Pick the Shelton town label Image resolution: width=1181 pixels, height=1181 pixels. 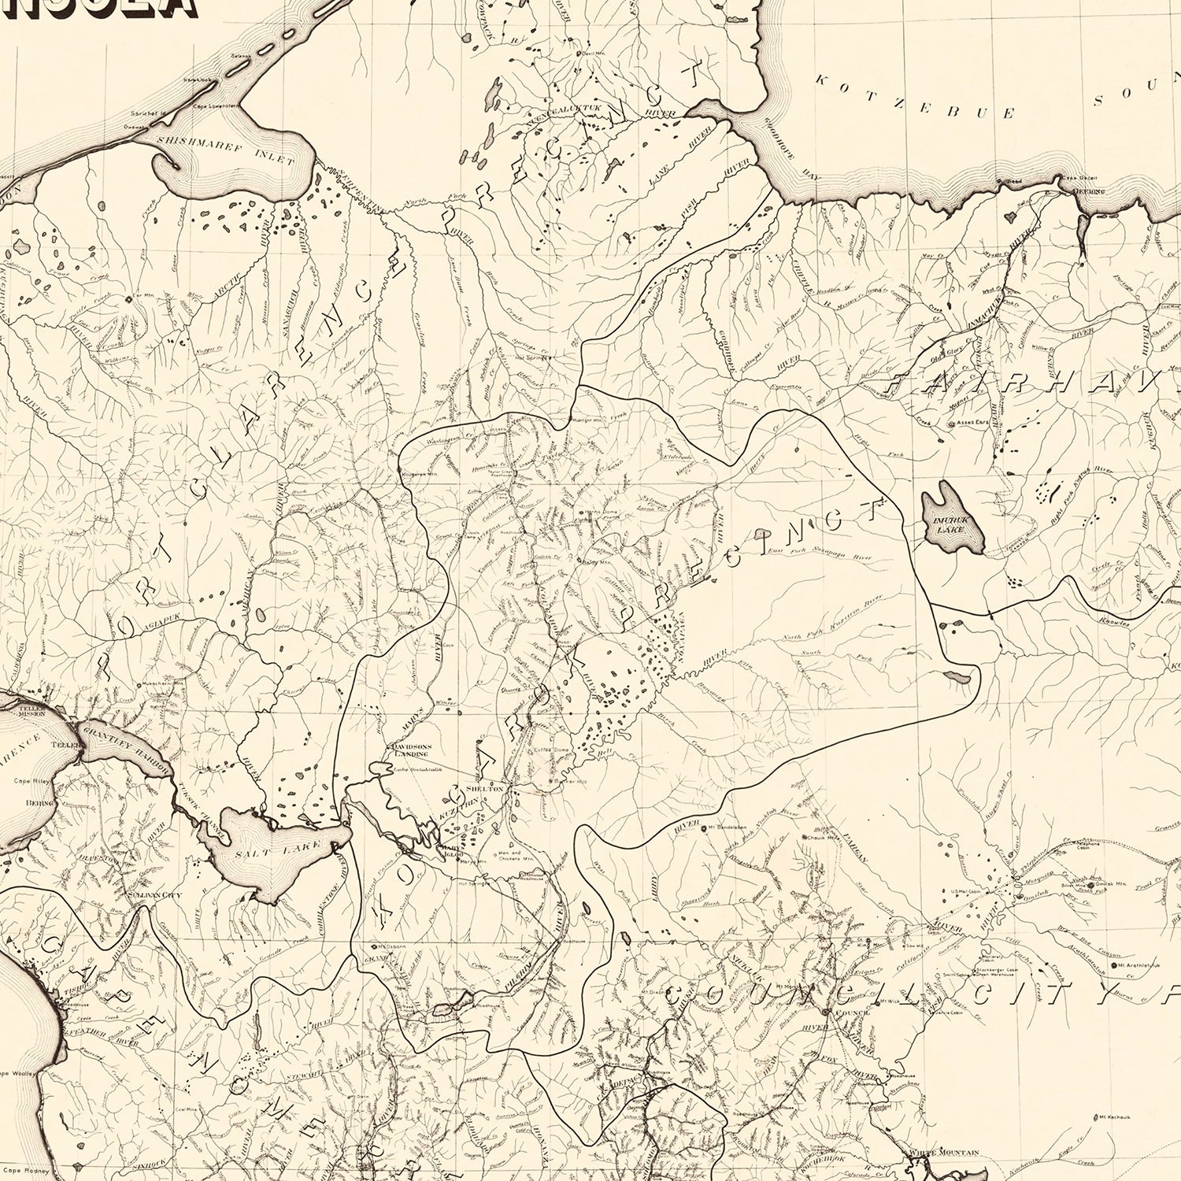coord(484,788)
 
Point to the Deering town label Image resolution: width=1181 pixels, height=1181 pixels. coord(1091,191)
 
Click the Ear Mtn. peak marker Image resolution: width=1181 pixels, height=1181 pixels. coord(129,299)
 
